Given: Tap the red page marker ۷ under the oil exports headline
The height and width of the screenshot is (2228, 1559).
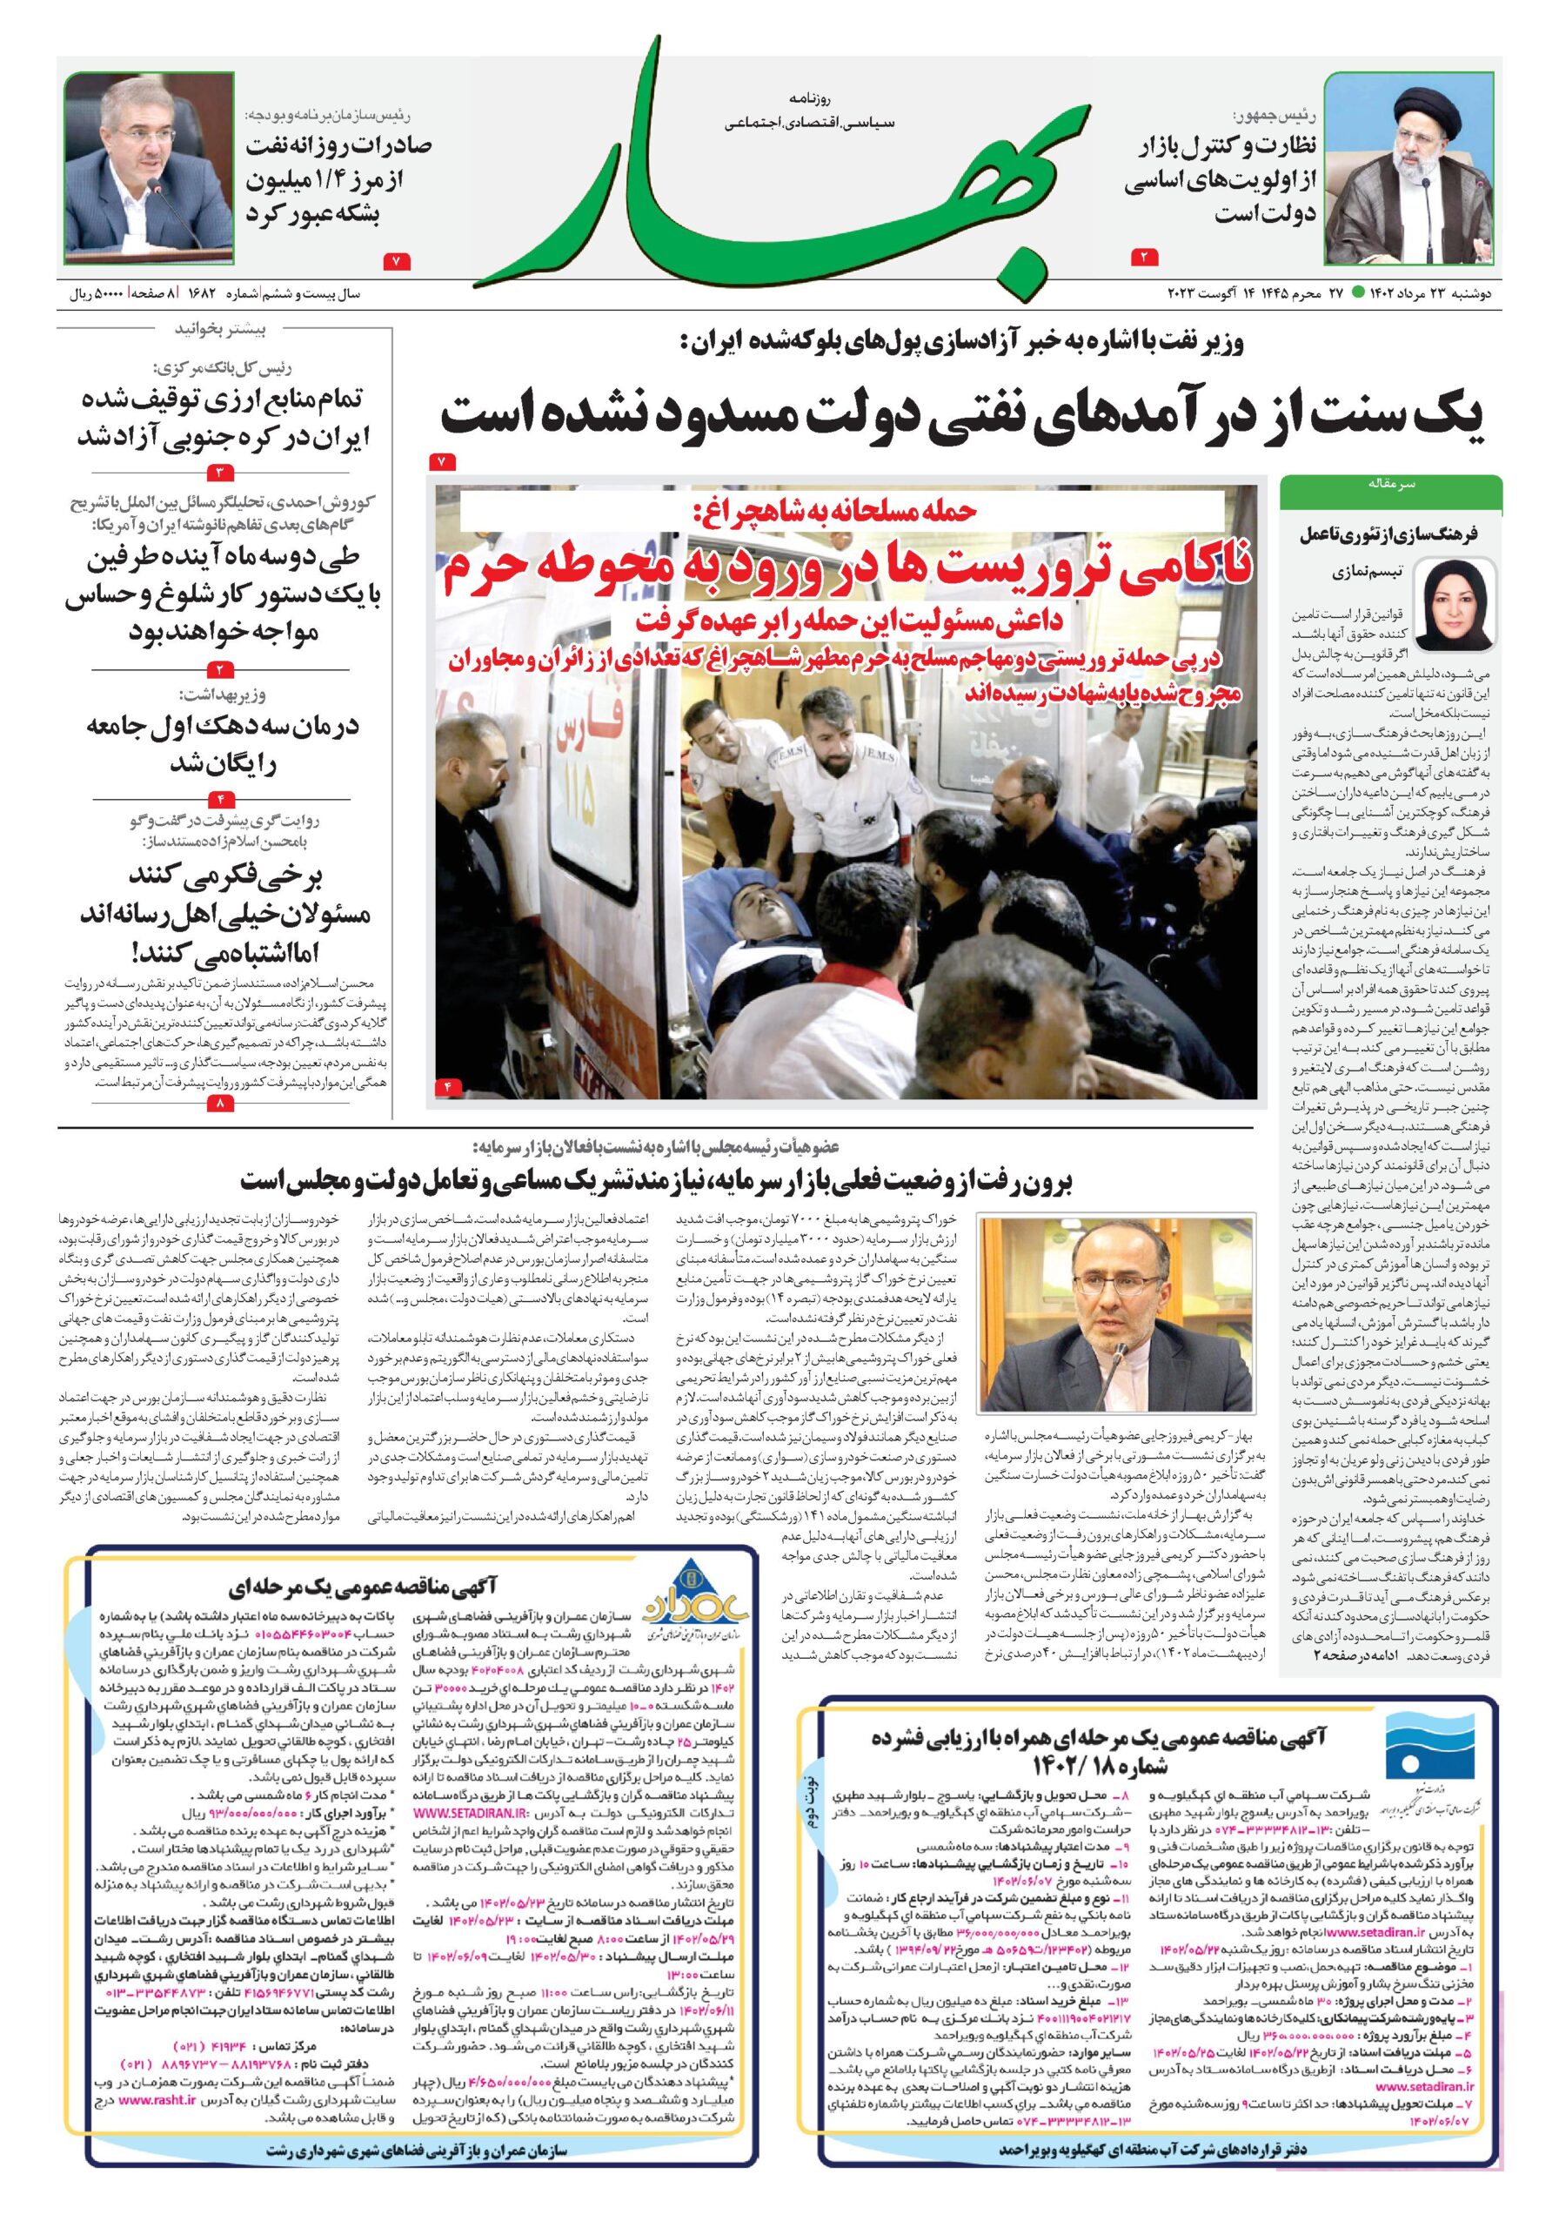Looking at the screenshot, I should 397,260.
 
